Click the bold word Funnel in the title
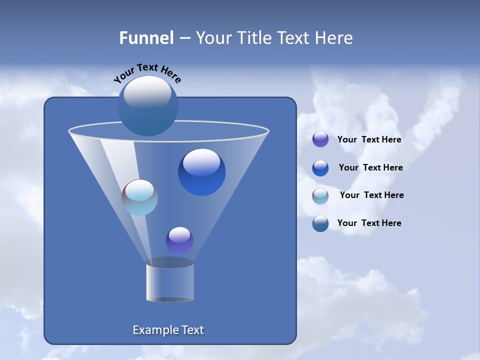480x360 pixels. tap(146, 38)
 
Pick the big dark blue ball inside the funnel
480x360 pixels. tap(201, 172)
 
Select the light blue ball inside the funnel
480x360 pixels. tap(139, 197)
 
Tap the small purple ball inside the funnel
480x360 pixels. tap(179, 240)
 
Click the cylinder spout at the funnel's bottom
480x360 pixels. tap(169, 282)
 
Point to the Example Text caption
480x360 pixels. tap(168, 330)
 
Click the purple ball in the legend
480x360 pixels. tap(320, 139)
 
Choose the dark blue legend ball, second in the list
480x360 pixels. tap(320, 168)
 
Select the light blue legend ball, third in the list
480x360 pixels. tap(320, 195)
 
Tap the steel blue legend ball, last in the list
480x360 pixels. tap(320, 223)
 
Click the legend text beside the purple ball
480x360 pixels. tap(369, 140)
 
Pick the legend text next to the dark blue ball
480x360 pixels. tap(370, 167)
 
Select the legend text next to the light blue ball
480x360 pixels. tap(371, 195)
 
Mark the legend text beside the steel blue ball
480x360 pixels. tap(369, 223)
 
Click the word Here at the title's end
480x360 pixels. tap(333, 38)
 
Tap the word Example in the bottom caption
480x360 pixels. tap(151, 330)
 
